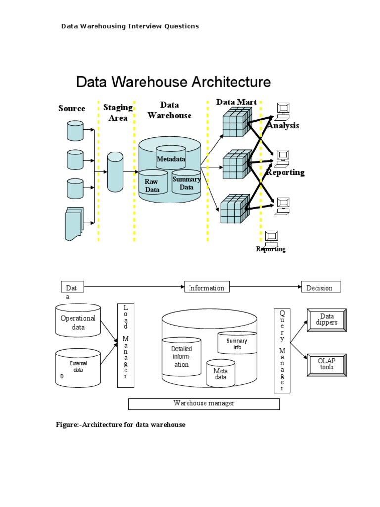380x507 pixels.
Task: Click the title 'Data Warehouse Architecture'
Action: point(173,82)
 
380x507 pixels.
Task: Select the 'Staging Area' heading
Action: point(118,112)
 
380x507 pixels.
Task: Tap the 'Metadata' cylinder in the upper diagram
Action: point(171,157)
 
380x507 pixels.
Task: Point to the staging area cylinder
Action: point(115,172)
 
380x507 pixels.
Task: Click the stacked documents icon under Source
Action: point(74,223)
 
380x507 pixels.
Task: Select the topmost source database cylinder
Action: point(75,130)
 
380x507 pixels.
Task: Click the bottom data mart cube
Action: point(233,209)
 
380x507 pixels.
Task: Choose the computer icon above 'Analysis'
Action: point(283,111)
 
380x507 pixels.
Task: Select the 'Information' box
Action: point(206,287)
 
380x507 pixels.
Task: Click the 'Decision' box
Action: point(321,287)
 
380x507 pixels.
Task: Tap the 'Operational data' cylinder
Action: point(78,322)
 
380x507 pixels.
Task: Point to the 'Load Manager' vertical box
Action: point(126,345)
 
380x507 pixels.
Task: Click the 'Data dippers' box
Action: point(327,320)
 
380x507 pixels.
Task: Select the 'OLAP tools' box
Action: point(327,364)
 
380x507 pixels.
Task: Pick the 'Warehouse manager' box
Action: point(204,404)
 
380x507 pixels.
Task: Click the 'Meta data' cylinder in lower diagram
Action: point(220,373)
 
